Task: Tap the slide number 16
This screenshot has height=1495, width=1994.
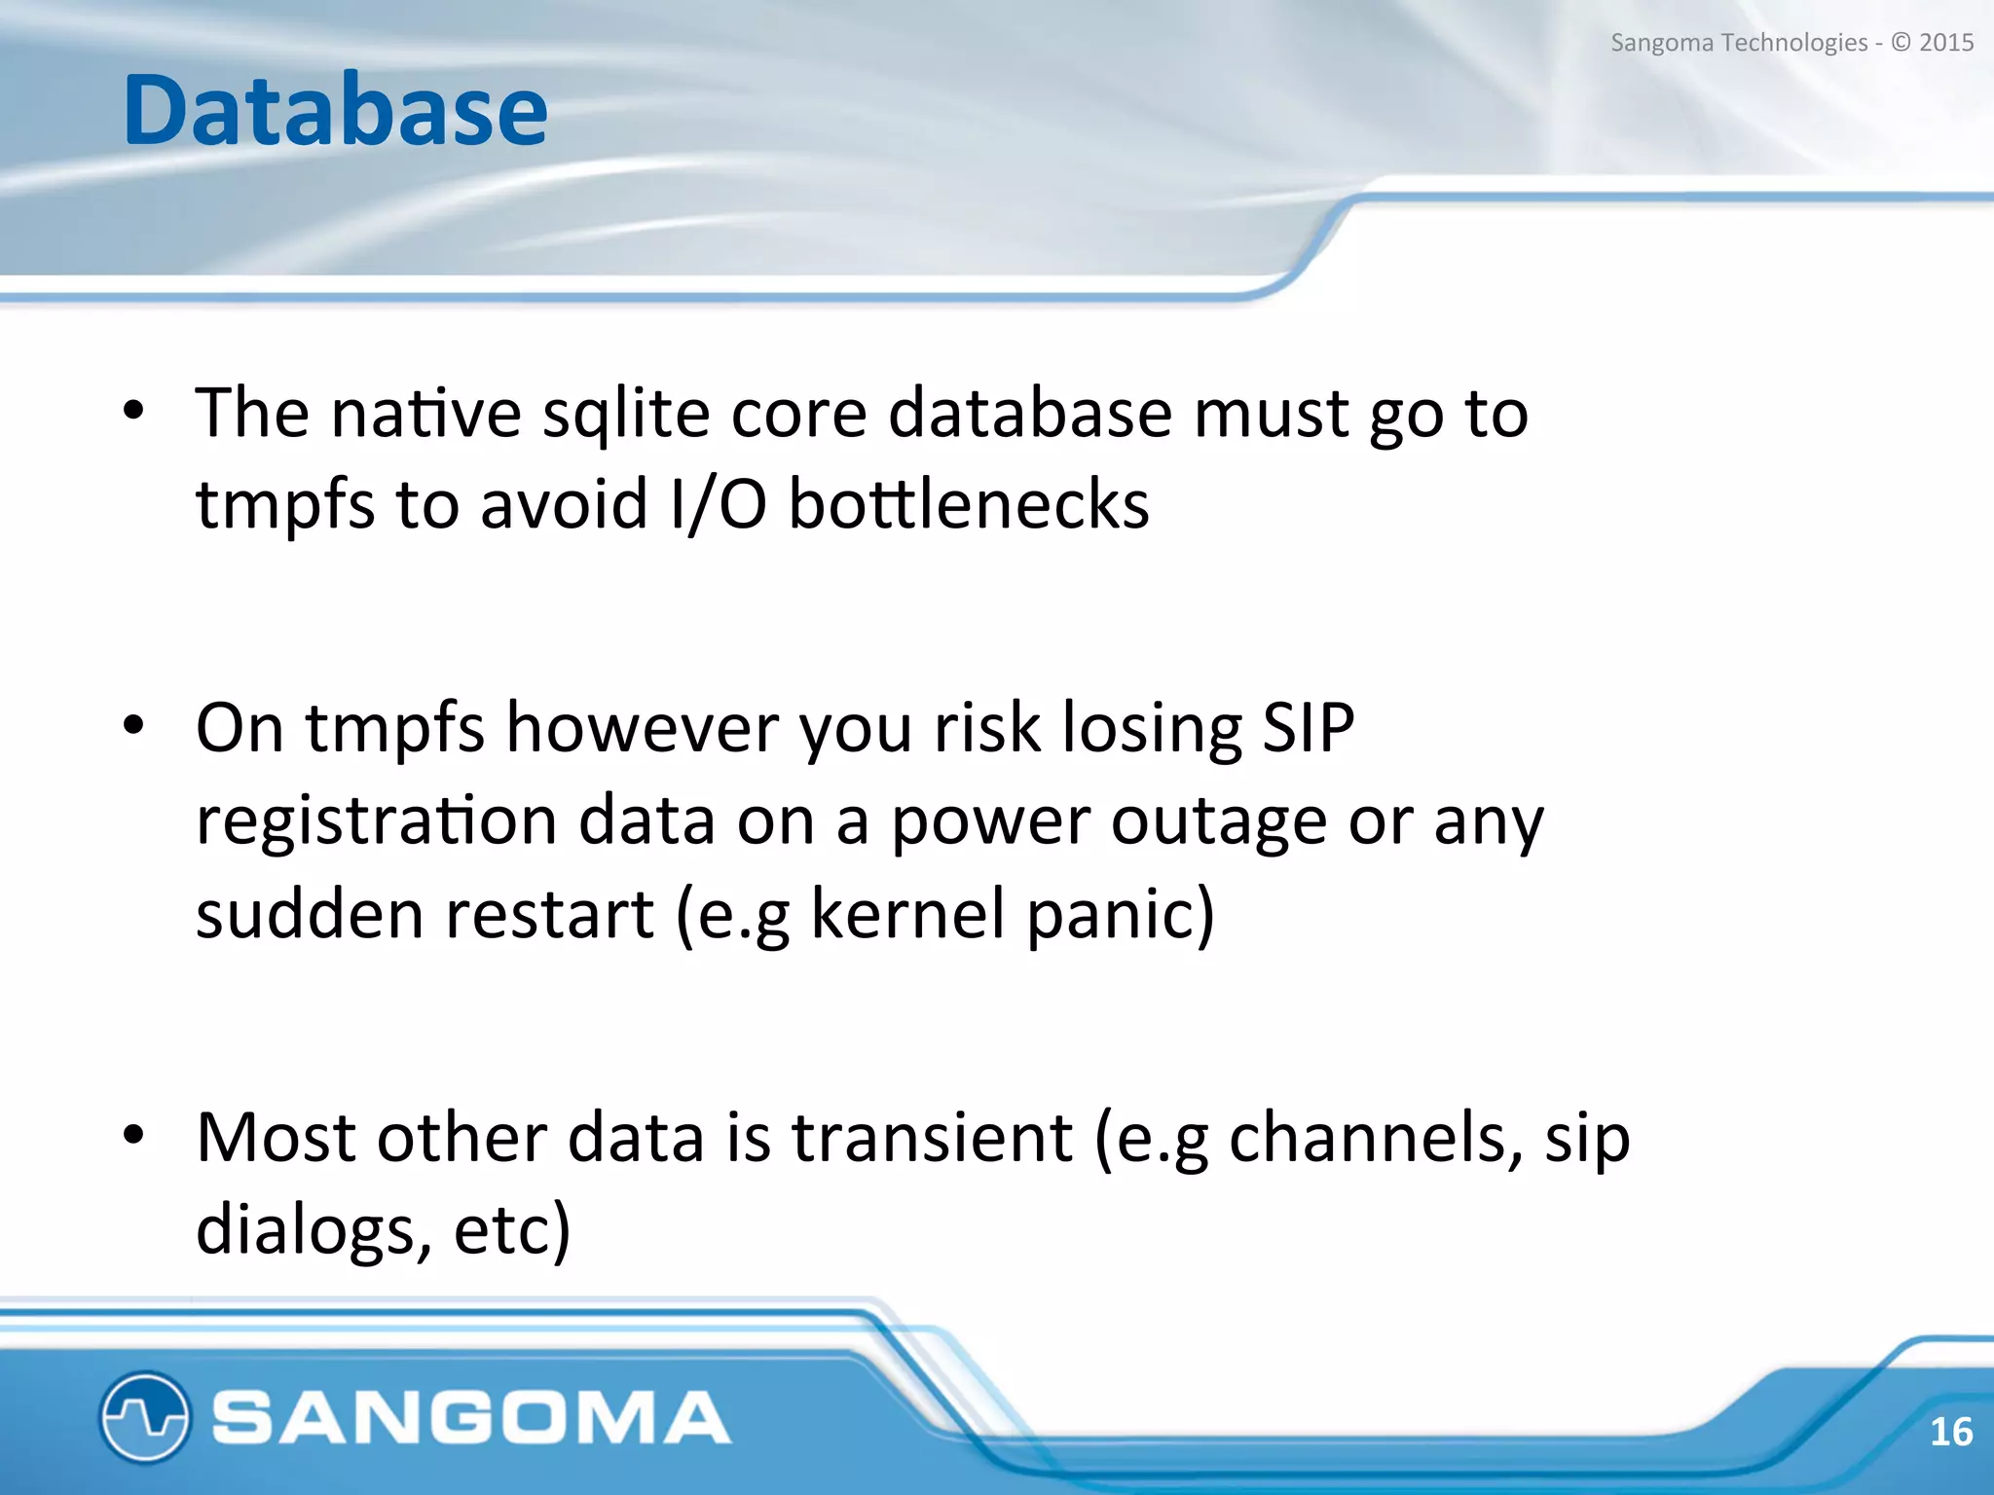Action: pyautogui.click(x=1950, y=1432)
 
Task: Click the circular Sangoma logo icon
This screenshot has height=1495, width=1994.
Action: pyautogui.click(x=144, y=1416)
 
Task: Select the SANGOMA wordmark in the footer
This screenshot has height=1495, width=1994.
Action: pyautogui.click(x=471, y=1417)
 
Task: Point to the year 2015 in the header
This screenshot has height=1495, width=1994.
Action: pyautogui.click(x=1946, y=43)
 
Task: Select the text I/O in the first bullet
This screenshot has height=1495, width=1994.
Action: pyautogui.click(x=718, y=505)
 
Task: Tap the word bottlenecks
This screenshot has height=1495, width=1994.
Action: pyautogui.click(x=969, y=505)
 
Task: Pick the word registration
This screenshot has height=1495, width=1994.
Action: pyautogui.click(x=376, y=820)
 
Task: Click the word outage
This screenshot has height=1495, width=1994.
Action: pyautogui.click(x=1219, y=820)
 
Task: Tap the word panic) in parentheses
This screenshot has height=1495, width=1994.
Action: pyautogui.click(x=1121, y=913)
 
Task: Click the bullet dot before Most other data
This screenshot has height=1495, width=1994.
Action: pyautogui.click(x=133, y=1135)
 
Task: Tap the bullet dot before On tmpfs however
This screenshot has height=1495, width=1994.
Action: pyautogui.click(x=133, y=725)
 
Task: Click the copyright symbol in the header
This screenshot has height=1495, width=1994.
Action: pyautogui.click(x=1901, y=43)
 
